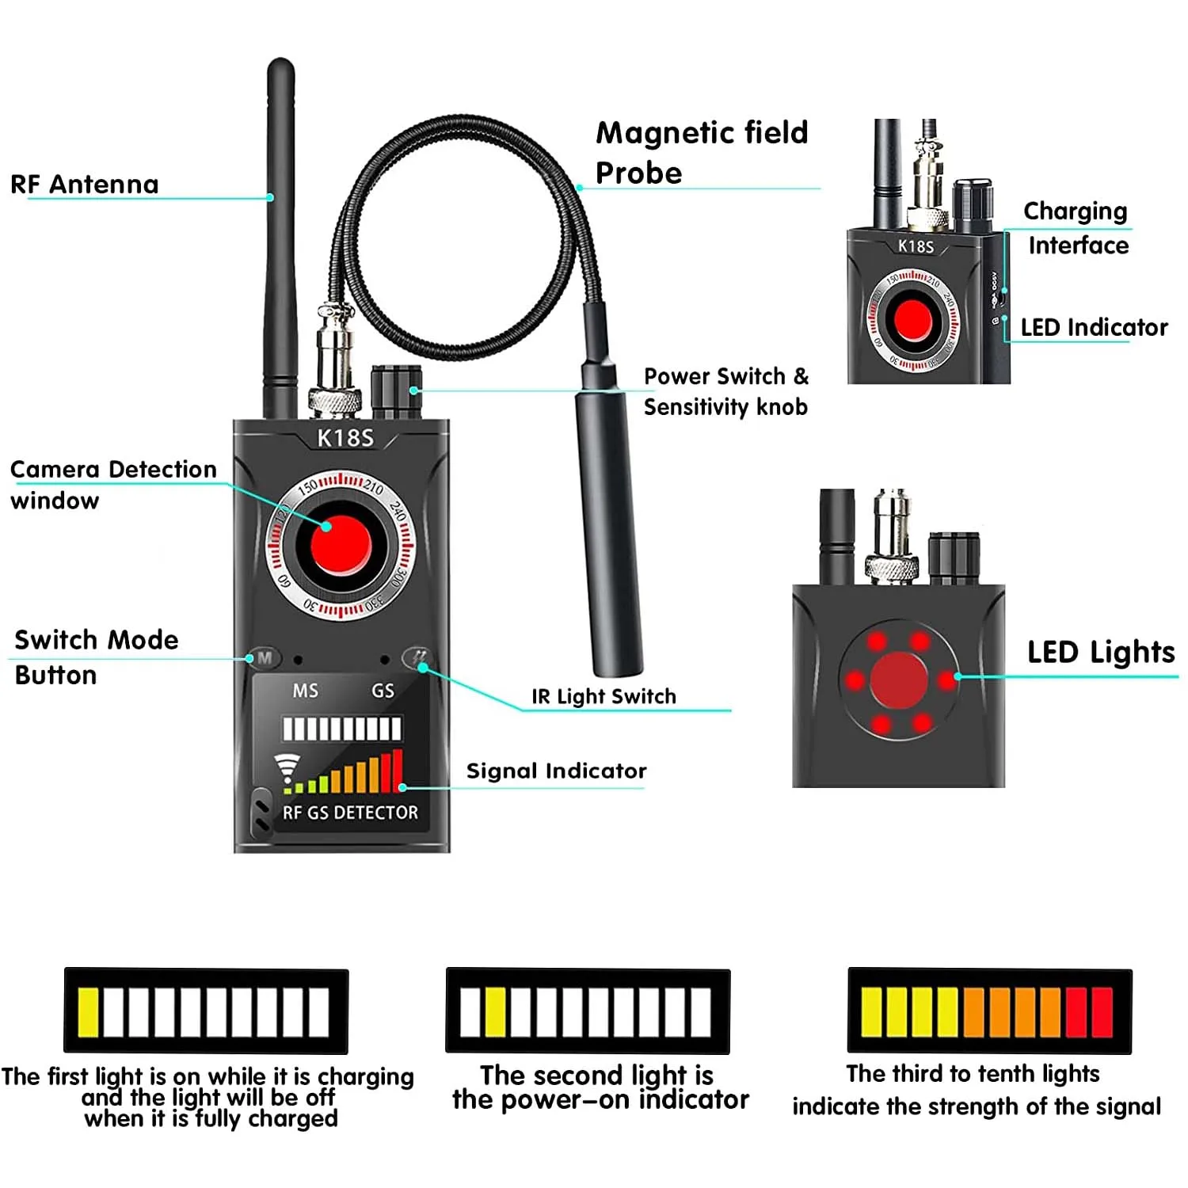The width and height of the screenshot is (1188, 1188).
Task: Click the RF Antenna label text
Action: click(x=85, y=185)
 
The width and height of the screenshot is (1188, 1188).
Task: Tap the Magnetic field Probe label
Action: click(x=701, y=153)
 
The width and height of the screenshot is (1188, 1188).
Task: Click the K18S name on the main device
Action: click(x=345, y=438)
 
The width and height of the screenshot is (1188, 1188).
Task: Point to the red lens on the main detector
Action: click(x=341, y=546)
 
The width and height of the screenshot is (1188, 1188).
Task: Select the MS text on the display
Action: click(x=305, y=691)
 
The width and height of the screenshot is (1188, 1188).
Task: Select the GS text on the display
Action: click(x=383, y=691)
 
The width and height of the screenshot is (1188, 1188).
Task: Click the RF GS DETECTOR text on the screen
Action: click(x=350, y=813)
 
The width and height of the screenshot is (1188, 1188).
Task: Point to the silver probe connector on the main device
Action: click(x=334, y=364)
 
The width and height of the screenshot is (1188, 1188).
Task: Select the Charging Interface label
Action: click(x=1076, y=228)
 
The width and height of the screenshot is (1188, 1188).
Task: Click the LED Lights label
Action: click(x=1100, y=652)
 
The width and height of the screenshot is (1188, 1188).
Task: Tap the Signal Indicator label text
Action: click(x=556, y=771)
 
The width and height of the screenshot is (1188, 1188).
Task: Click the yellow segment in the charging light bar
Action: click(x=89, y=1012)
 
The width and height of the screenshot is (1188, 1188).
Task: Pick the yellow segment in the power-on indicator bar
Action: click(x=495, y=1012)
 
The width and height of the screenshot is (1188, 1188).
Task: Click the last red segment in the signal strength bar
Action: click(x=1102, y=1012)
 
